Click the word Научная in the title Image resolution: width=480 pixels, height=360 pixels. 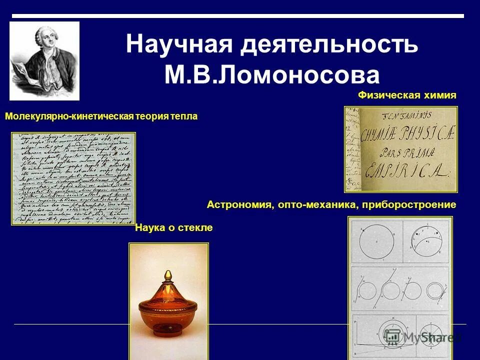tap(179, 44)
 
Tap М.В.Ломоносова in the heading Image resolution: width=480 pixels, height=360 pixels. tap(272, 75)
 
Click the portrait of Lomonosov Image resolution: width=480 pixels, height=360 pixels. tap(44, 60)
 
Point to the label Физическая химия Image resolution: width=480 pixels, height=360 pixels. tap(407, 95)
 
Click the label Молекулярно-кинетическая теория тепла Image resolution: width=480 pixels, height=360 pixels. tap(101, 116)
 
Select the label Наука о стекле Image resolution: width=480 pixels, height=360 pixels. tap(174, 228)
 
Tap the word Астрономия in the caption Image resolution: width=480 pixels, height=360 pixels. tap(239, 204)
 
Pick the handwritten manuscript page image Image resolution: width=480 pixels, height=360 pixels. tap(73, 178)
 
